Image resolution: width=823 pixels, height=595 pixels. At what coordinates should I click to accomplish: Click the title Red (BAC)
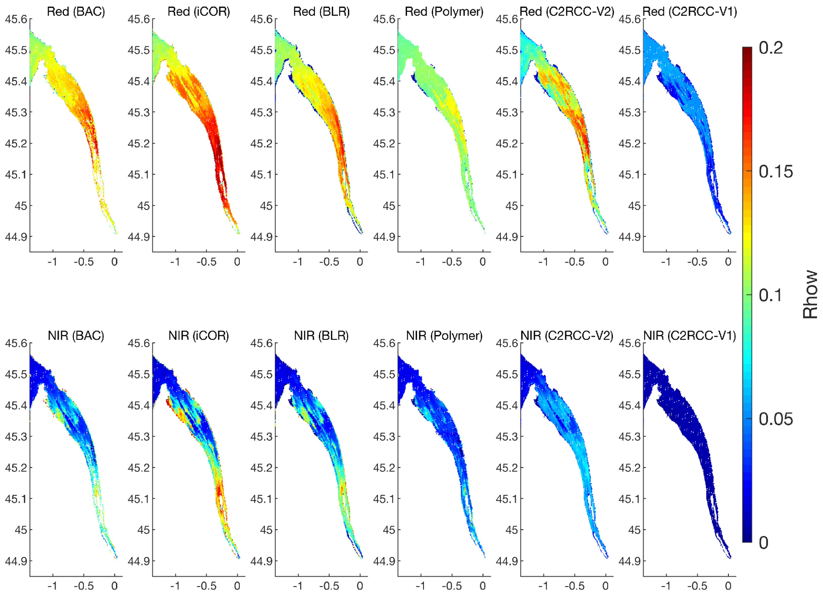(76, 12)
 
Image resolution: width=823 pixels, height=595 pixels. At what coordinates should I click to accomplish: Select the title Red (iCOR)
(199, 12)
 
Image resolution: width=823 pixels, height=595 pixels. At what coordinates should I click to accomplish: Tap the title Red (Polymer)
(444, 12)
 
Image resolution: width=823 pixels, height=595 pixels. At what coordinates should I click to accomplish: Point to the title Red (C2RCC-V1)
(689, 12)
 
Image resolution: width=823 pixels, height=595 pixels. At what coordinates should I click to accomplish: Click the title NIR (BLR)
(321, 335)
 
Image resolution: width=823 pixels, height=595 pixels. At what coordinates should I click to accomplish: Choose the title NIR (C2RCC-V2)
(567, 335)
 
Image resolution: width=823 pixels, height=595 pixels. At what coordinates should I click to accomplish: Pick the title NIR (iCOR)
(199, 335)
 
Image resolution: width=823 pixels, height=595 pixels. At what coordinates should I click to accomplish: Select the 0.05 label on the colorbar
(775, 419)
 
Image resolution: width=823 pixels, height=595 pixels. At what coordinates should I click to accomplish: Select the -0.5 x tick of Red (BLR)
(329, 262)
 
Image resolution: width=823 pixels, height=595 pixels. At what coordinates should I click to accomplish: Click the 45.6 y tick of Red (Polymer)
(384, 19)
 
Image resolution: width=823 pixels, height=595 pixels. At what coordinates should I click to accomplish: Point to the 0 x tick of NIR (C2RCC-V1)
(728, 586)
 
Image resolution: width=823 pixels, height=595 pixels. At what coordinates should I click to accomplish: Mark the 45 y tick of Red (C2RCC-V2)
(511, 206)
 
